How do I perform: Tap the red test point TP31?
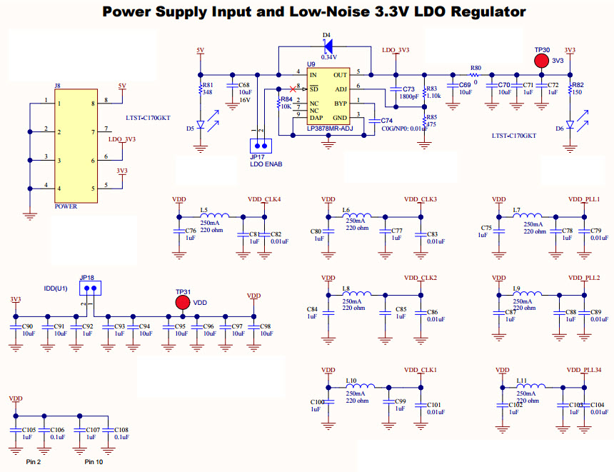183,302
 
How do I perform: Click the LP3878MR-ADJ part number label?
330,129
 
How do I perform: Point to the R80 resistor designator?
475,68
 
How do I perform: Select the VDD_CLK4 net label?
264,199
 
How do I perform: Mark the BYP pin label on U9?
341,104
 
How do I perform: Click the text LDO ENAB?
266,164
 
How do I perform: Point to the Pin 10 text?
94,462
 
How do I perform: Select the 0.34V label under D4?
328,57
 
